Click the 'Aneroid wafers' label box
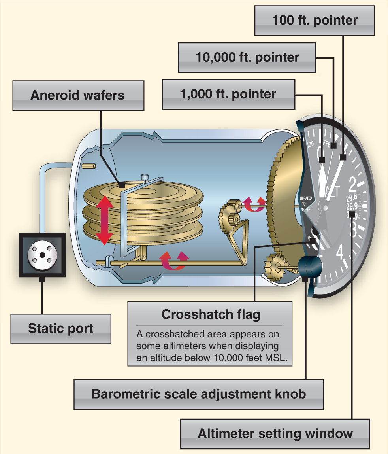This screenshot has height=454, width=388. pyautogui.click(x=77, y=95)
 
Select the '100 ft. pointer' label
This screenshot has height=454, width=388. pyautogui.click(x=315, y=21)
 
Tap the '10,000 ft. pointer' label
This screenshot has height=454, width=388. pyautogui.click(x=247, y=57)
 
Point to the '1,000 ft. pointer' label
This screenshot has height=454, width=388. pyautogui.click(x=228, y=94)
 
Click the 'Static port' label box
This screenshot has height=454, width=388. pyautogui.click(x=61, y=329)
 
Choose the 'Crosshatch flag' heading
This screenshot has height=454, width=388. pyautogui.click(x=211, y=315)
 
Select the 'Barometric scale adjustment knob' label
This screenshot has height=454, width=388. pyautogui.click(x=199, y=394)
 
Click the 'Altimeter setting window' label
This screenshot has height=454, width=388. pyautogui.click(x=275, y=433)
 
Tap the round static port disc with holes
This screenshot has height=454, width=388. pyautogui.click(x=40, y=254)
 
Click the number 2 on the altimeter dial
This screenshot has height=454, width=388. pyautogui.click(x=353, y=182)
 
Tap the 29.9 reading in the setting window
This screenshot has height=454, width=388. pyautogui.click(x=351, y=206)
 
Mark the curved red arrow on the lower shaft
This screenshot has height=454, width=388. pyautogui.click(x=175, y=259)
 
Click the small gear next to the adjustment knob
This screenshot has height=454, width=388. pyautogui.click(x=273, y=267)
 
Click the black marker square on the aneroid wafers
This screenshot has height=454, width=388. pyautogui.click(x=122, y=185)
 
